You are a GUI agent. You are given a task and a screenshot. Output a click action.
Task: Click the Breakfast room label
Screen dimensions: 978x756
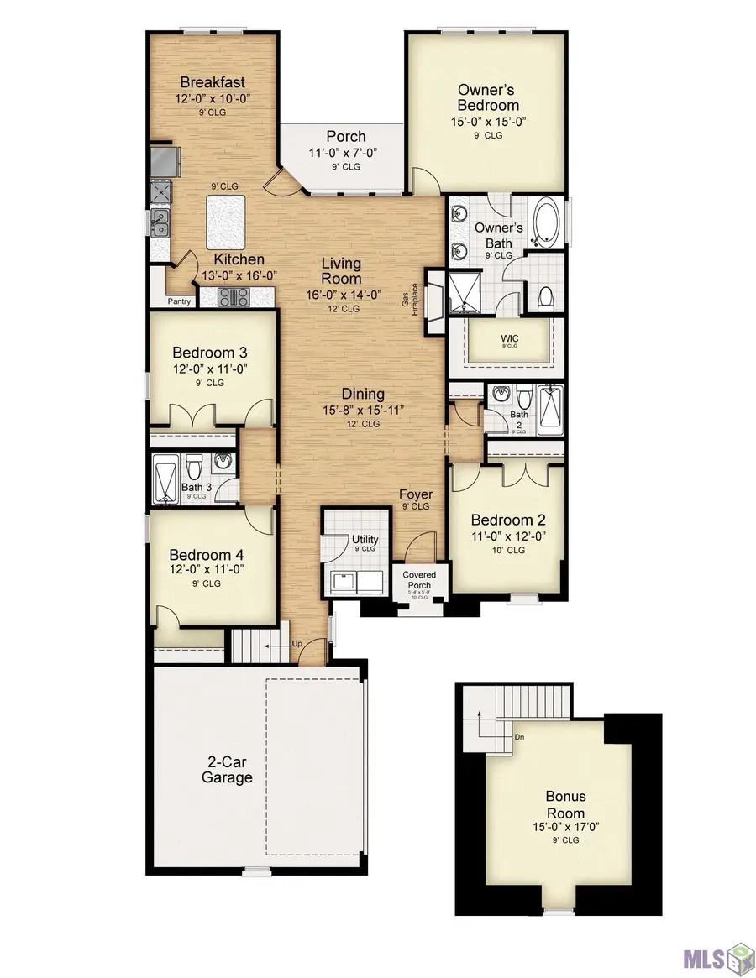coord(213,82)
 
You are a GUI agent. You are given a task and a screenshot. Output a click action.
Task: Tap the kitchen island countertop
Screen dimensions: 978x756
coord(225,221)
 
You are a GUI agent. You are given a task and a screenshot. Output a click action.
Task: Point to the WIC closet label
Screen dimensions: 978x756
coord(510,338)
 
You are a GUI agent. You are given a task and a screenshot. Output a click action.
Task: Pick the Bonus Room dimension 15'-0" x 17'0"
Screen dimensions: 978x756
coord(565,826)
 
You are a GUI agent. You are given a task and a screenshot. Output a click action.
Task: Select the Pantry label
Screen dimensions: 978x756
coord(179,301)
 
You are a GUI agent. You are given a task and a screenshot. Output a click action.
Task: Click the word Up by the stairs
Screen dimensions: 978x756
coord(296,644)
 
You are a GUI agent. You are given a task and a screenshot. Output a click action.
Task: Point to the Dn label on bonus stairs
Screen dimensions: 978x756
coord(520,737)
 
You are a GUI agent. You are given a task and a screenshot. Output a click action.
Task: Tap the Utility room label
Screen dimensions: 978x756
coord(365,540)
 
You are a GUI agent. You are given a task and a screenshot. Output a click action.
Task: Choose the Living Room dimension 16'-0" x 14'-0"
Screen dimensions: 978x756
coord(341,295)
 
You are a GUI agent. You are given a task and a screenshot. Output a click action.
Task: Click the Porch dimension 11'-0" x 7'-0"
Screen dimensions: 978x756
coord(346,154)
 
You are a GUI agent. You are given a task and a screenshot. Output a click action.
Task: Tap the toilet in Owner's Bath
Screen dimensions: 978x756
coord(543,296)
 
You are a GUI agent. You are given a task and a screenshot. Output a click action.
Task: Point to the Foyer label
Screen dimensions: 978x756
coord(415,494)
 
